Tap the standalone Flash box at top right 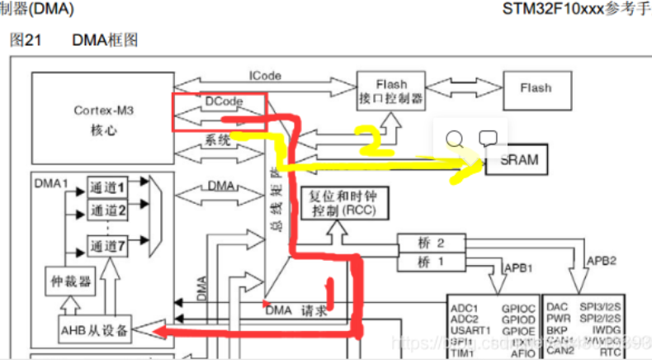(x=535, y=88)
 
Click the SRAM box (x=517, y=160)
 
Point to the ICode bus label (x=265, y=75)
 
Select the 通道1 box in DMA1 (x=108, y=187)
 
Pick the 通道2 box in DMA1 (x=108, y=210)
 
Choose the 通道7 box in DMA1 (x=108, y=245)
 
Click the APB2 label (x=602, y=260)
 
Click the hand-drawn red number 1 (x=328, y=290)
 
